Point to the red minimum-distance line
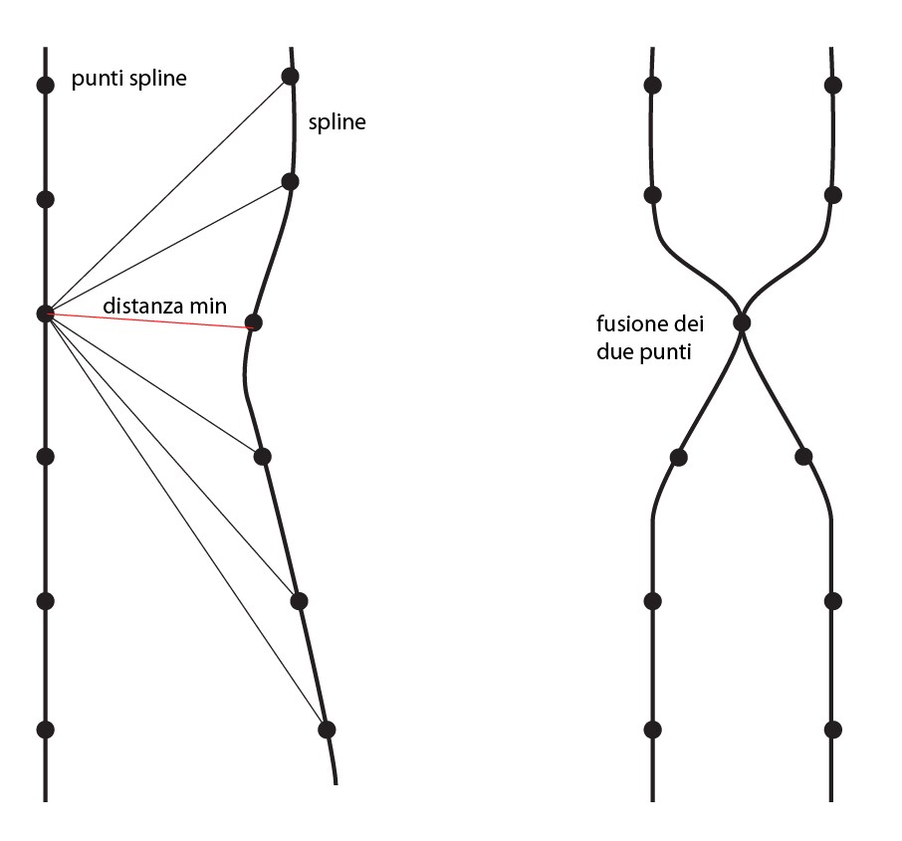(149, 318)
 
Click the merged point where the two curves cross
(742, 322)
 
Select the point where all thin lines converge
(45, 314)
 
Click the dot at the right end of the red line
(253, 322)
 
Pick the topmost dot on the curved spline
(290, 77)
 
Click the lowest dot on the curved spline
(326, 730)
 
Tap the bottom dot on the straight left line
(45, 730)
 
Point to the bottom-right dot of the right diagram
(834, 730)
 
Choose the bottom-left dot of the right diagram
(653, 730)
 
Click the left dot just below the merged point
(679, 458)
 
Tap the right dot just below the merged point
(804, 458)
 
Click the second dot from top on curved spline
(290, 181)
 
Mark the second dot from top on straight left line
(45, 199)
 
